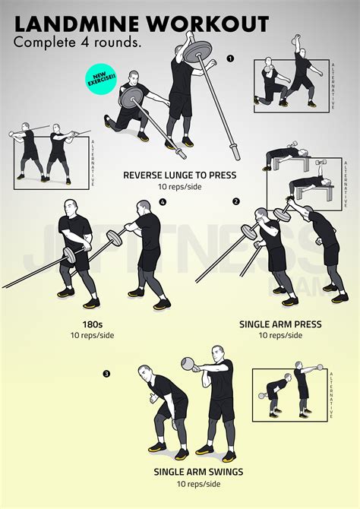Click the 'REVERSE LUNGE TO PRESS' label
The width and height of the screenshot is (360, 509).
point(180,175)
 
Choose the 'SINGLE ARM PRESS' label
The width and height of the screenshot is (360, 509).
point(280,324)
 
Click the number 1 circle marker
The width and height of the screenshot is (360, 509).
point(229,58)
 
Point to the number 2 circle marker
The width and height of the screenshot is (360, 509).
point(235,201)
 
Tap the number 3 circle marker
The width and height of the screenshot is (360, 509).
point(106,373)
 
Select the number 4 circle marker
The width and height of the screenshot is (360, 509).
point(162,201)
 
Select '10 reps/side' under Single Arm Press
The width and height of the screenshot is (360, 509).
point(280,336)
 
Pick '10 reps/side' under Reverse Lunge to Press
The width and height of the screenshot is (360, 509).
point(180,187)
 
